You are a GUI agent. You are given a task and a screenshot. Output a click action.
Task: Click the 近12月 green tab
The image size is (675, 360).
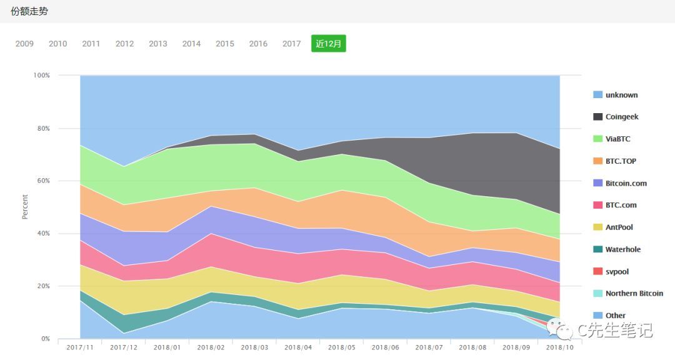[x=328, y=44]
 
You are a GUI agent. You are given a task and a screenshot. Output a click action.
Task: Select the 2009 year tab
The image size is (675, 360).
[x=24, y=44]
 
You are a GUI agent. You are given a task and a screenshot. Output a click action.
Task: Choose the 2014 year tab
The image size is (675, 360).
[x=191, y=44]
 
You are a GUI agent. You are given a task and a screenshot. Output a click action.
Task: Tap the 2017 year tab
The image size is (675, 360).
[x=291, y=44]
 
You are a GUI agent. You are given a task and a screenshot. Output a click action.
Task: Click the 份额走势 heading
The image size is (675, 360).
[x=29, y=11]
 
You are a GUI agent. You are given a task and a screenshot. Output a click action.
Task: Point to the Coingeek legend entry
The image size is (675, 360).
[x=621, y=117]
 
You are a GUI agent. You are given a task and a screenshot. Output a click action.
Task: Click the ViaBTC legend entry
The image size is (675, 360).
[x=617, y=139]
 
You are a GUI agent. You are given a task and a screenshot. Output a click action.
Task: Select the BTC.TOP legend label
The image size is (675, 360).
[x=620, y=161]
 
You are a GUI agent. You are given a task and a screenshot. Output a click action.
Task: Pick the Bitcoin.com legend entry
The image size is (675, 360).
[x=626, y=183]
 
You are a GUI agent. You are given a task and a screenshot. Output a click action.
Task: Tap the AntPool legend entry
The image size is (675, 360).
[x=619, y=227]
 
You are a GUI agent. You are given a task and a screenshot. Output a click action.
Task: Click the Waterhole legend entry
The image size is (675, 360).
[x=622, y=249]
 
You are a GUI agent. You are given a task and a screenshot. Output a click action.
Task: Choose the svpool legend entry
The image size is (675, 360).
[x=617, y=271]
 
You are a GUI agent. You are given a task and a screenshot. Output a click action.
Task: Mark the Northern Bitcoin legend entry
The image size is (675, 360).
[x=634, y=293]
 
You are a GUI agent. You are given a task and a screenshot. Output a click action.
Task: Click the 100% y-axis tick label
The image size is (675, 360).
[x=41, y=75]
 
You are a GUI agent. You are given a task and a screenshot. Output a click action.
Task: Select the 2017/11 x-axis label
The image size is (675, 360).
[x=79, y=347]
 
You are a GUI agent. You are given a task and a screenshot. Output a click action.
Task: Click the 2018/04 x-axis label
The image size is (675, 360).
[x=297, y=347]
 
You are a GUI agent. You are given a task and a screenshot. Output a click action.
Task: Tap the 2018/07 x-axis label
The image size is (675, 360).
[x=429, y=347]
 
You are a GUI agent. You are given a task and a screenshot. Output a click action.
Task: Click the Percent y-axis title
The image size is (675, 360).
[x=25, y=207]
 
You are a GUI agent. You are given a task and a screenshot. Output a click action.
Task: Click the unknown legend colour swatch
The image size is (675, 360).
[x=597, y=95]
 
